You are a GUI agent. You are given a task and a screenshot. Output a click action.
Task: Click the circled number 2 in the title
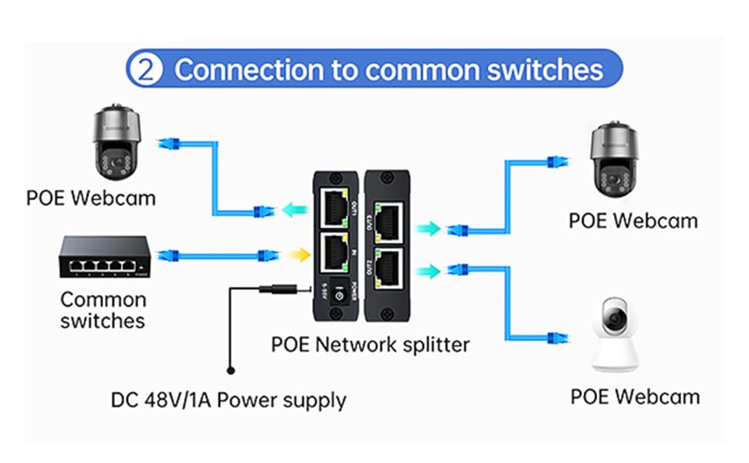147,69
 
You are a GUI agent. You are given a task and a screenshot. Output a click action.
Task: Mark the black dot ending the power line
229,370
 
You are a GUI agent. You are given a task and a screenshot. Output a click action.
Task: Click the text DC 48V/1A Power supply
229,400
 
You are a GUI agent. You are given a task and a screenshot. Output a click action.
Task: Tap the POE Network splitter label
370,343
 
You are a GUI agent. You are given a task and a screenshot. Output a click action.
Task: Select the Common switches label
103,309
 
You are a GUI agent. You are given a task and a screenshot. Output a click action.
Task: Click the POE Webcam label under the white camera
635,397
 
